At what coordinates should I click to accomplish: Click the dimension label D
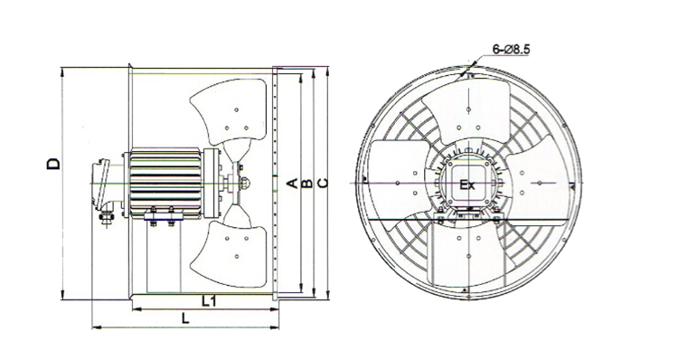point(53,164)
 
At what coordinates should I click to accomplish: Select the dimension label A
point(293,184)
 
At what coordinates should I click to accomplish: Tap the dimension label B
point(306,184)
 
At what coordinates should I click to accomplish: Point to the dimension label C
point(323,184)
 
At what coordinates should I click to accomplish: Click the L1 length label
point(210,301)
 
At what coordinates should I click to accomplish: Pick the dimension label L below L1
point(185,319)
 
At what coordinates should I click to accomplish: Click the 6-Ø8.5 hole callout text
point(511,50)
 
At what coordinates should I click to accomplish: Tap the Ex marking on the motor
point(466,185)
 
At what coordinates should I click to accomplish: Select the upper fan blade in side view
point(230,112)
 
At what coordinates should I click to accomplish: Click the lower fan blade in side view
point(230,253)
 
